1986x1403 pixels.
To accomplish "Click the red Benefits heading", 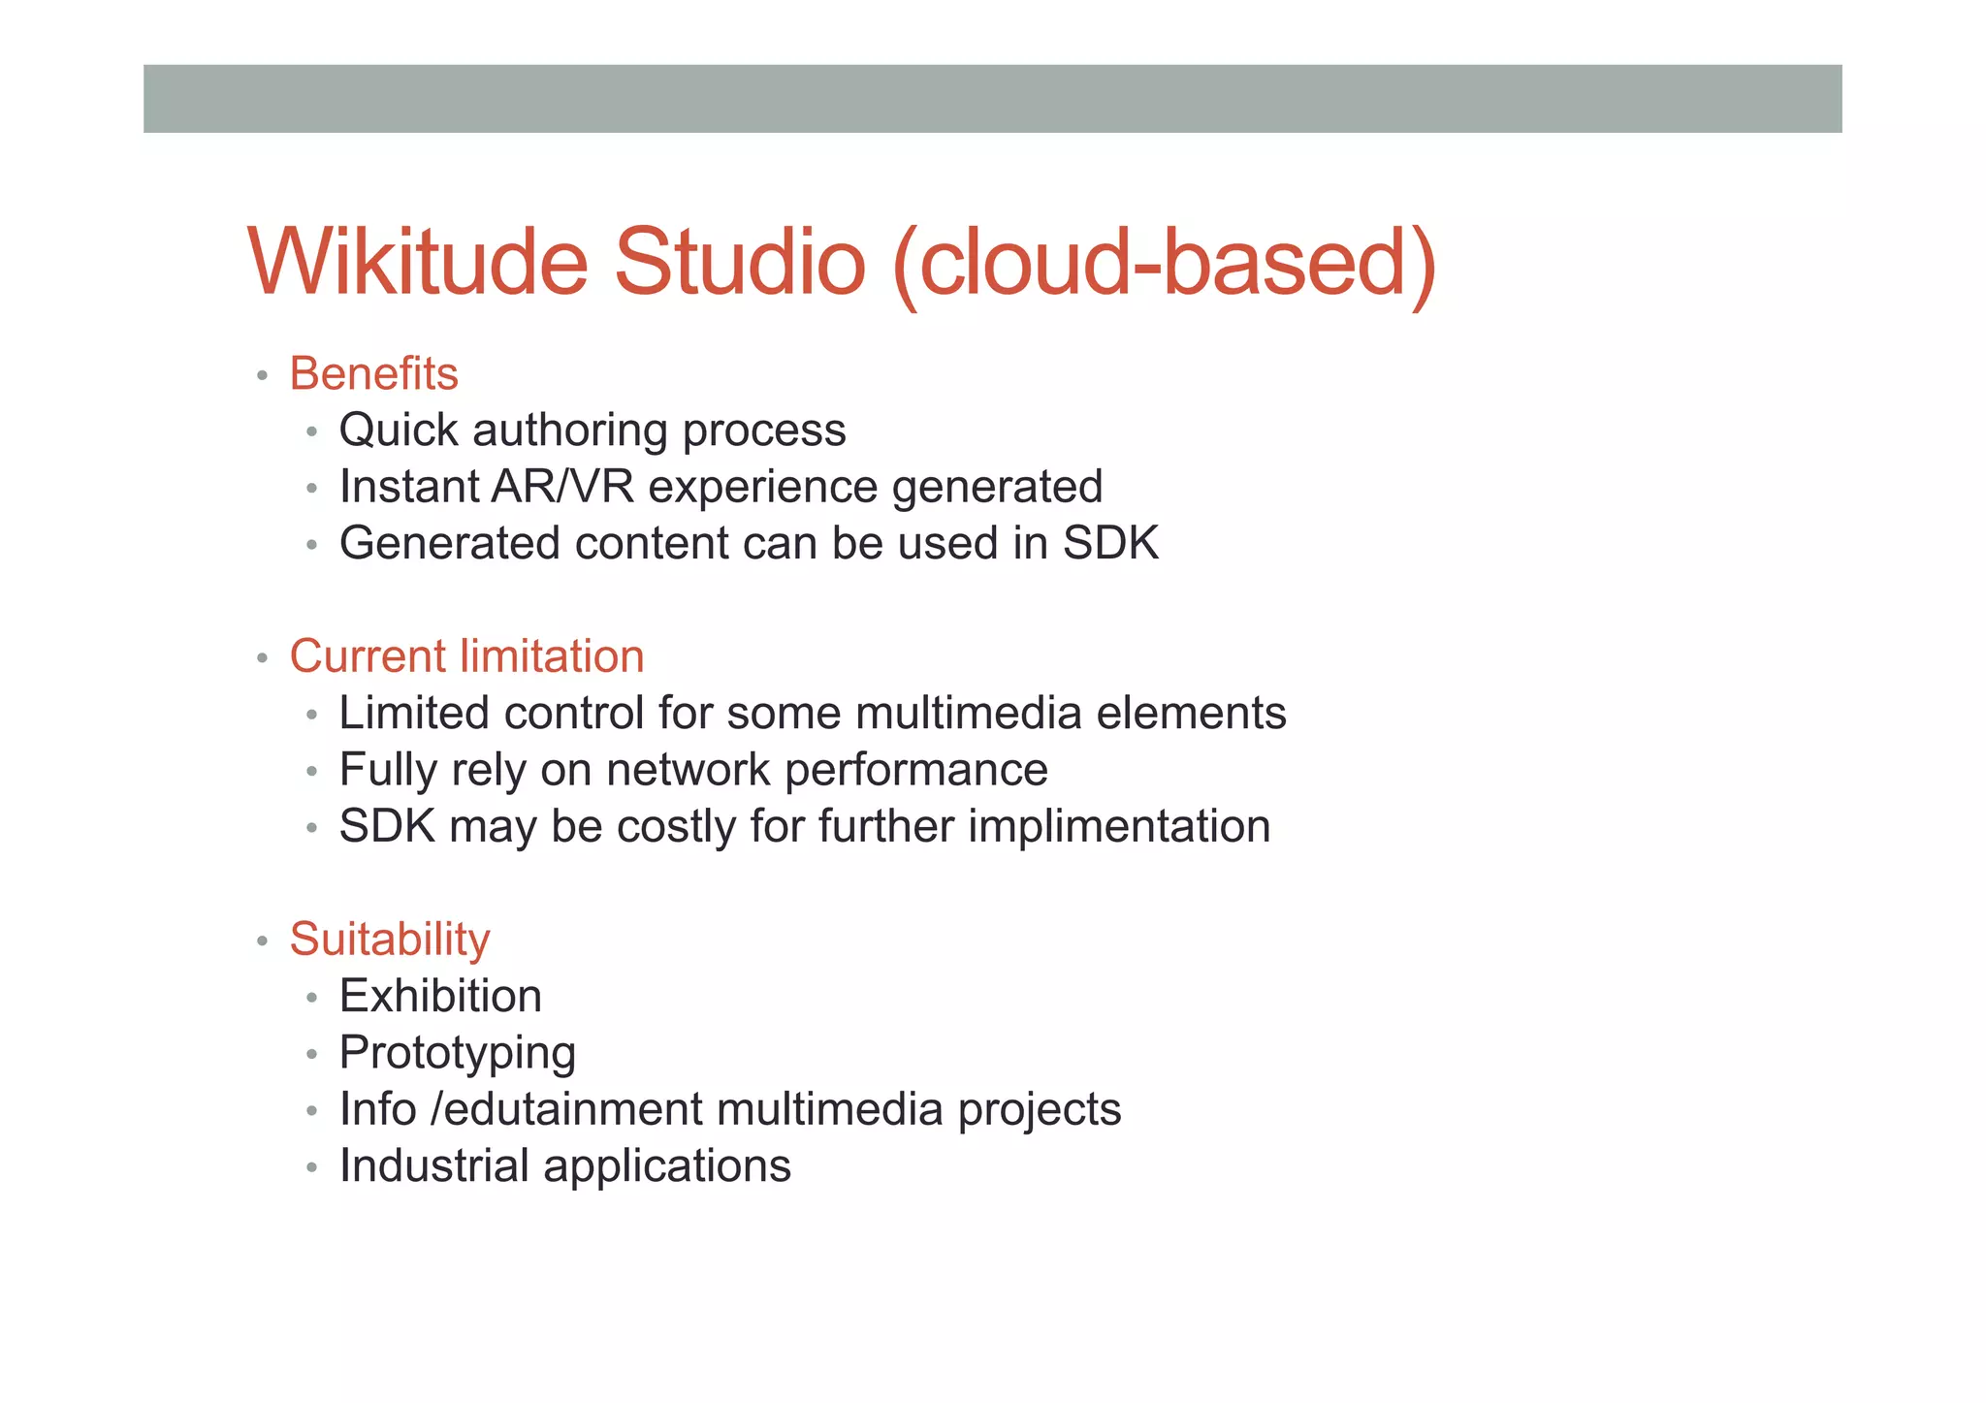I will (373, 374).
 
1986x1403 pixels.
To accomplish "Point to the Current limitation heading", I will (466, 656).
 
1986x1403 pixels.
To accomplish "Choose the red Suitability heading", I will (390, 940).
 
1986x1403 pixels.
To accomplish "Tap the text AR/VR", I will (562, 487).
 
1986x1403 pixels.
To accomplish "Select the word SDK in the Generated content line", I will (1110, 543).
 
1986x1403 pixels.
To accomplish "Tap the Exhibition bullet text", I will (440, 997).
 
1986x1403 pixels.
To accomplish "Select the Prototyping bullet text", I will (458, 1054).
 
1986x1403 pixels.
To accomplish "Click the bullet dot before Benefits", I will (262, 376).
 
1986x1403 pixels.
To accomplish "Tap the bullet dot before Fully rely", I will (311, 773).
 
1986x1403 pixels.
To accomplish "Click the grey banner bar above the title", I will (992, 99).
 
